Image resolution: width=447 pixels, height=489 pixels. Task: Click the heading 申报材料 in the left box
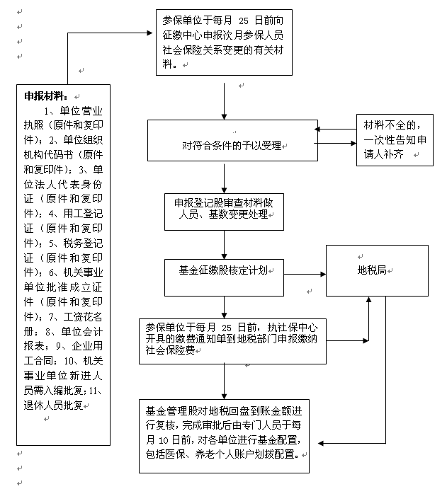tap(46, 96)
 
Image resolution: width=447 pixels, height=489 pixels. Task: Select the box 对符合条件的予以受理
tap(232, 145)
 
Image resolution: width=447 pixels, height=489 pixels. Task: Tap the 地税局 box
tap(376, 270)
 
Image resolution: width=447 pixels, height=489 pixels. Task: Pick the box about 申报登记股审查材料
tap(224, 211)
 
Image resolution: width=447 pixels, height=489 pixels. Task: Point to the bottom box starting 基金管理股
tap(224, 435)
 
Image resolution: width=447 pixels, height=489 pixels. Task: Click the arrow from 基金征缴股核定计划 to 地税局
tap(305, 272)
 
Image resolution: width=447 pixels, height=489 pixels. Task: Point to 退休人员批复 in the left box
tap(54, 405)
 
